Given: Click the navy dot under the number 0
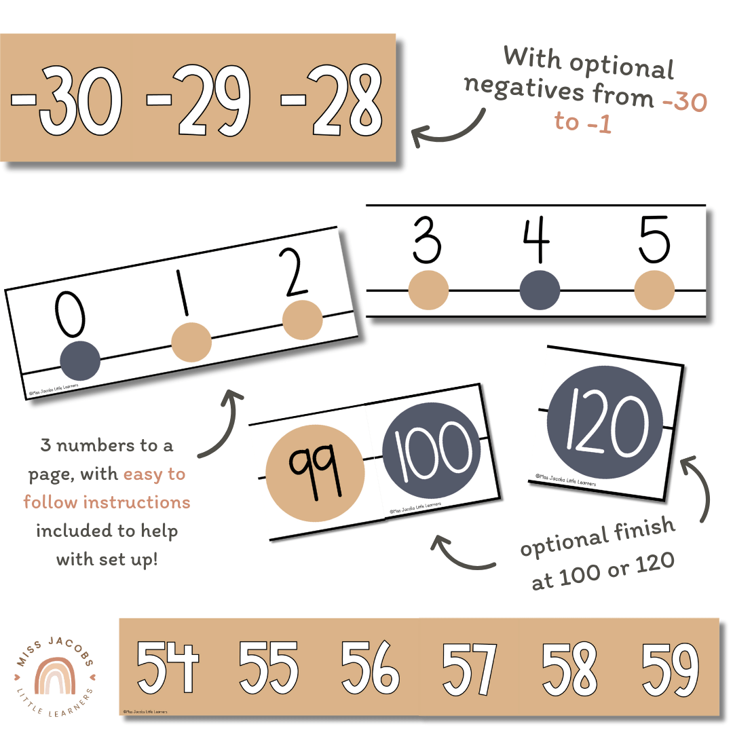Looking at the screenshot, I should point(80,360).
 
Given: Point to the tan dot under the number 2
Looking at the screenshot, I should point(302,320).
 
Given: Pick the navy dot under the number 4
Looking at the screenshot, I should point(540,291).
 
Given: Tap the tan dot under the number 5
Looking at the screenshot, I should point(654,291).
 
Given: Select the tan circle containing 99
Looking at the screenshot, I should point(314,464).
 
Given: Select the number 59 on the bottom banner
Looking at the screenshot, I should point(669,668).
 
